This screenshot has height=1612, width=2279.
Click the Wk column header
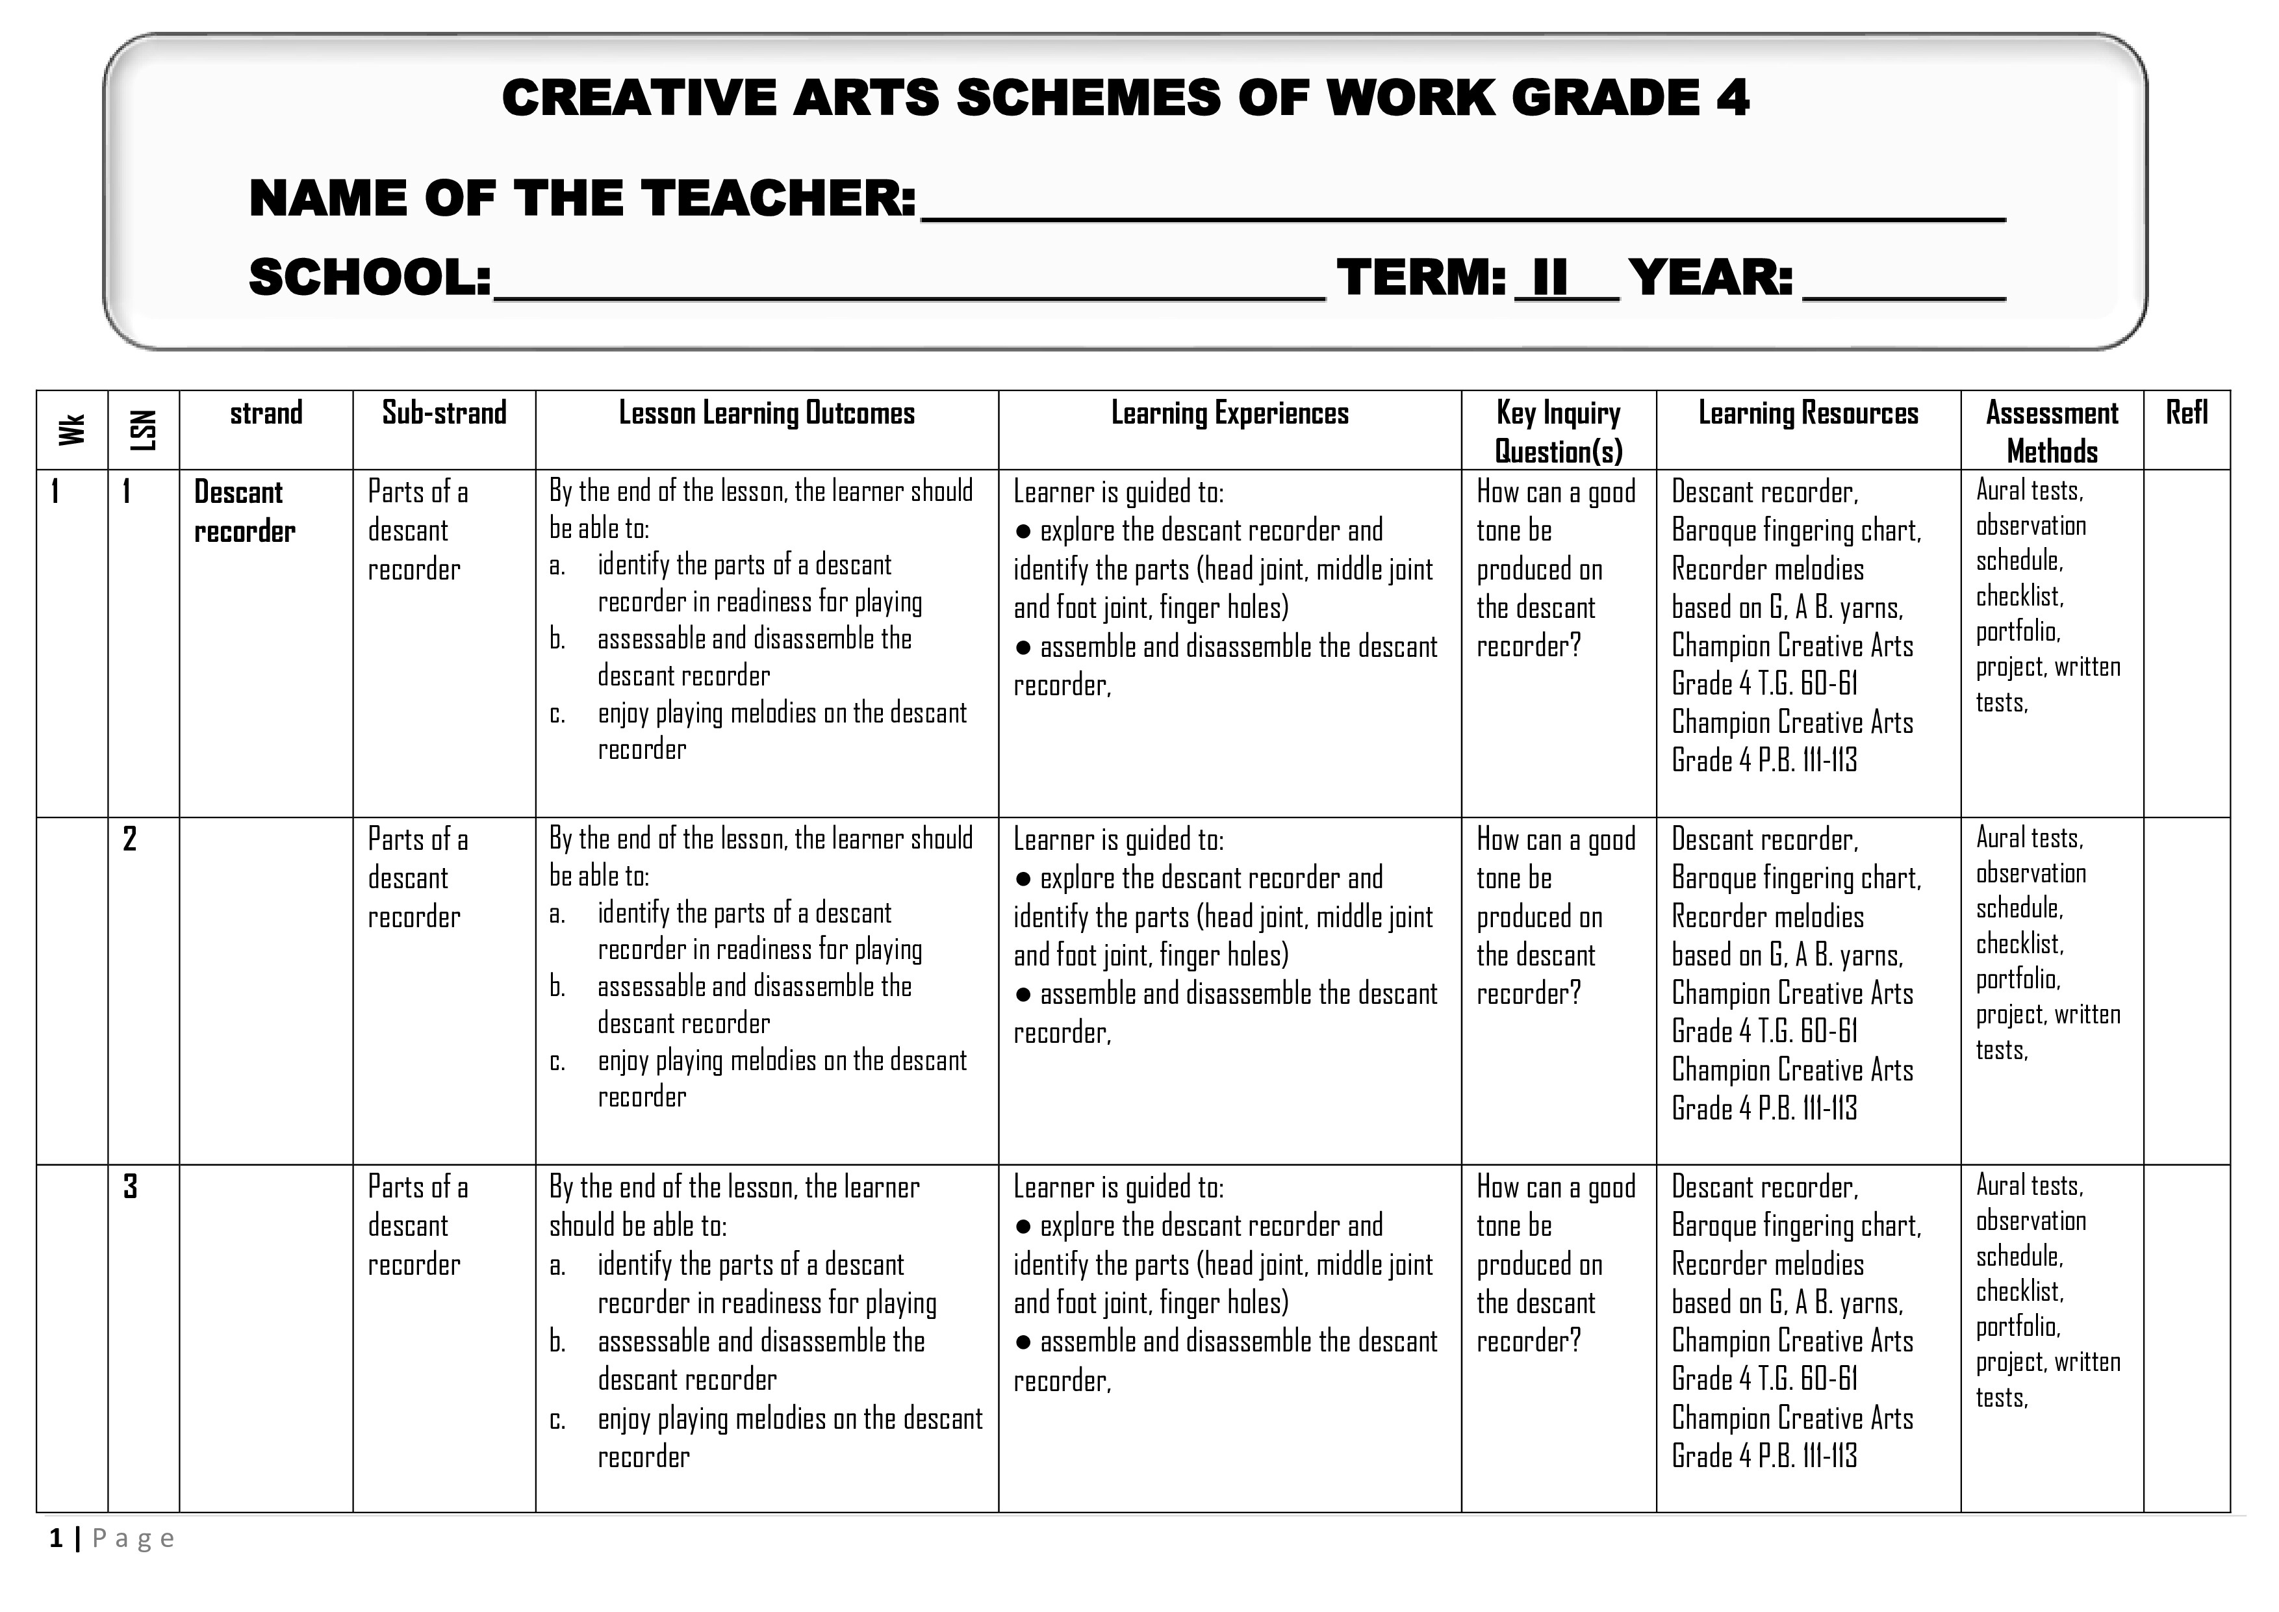71,429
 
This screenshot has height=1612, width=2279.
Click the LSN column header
144,429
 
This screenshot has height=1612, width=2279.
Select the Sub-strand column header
444,413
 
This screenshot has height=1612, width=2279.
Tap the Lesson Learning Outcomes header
767,413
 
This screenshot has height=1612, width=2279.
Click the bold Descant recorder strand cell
244,512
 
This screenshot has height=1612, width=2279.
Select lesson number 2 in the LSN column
130,839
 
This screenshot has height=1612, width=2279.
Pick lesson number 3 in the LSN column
130,1187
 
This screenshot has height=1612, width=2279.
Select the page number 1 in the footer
57,1539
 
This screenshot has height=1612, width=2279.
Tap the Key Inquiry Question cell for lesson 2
1555,916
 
